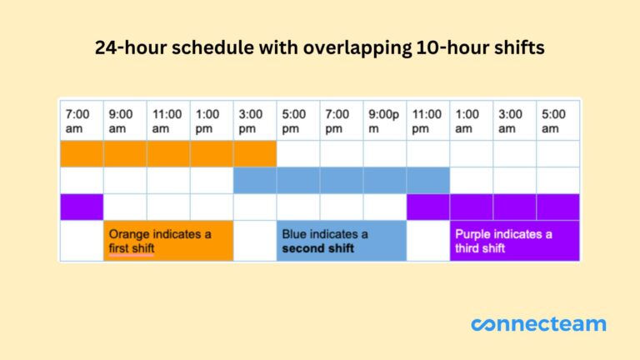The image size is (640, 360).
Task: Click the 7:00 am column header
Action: pyautogui.click(x=81, y=121)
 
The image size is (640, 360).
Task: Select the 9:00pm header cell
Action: pyautogui.click(x=385, y=121)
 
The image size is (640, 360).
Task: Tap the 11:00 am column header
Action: pyautogui.click(x=167, y=121)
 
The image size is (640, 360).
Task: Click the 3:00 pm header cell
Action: pyautogui.click(x=254, y=121)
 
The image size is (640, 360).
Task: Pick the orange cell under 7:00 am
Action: pyautogui.click(x=81, y=153)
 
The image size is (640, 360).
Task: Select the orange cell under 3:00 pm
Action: pyautogui.click(x=254, y=153)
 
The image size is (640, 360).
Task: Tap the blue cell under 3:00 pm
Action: pyautogui.click(x=254, y=180)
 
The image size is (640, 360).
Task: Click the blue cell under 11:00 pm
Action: pyautogui.click(x=428, y=180)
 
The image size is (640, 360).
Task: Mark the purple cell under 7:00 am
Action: pyautogui.click(x=81, y=207)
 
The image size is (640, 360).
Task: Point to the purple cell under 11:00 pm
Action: pyautogui.click(x=428, y=207)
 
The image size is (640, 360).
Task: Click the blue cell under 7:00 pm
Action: pyautogui.click(x=342, y=180)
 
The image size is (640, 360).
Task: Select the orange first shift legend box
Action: pyautogui.click(x=167, y=241)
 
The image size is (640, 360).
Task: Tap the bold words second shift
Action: pyautogui.click(x=317, y=248)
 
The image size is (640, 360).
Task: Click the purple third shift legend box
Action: pyautogui.click(x=514, y=241)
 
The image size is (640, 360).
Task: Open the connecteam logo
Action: pyautogui.click(x=538, y=324)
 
